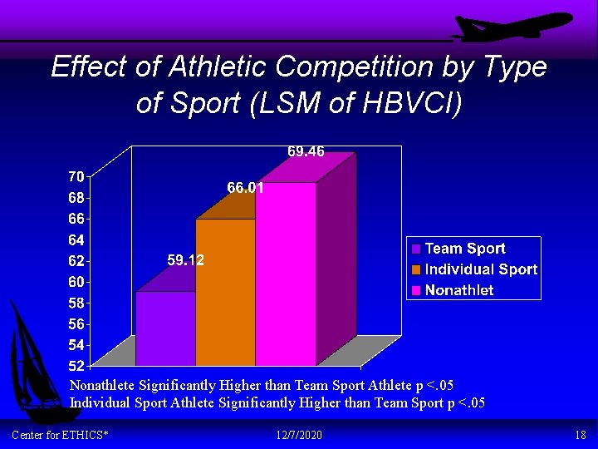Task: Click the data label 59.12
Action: tap(185, 260)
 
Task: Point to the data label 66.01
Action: tap(245, 188)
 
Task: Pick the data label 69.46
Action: tap(306, 151)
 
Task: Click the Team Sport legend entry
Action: tap(464, 249)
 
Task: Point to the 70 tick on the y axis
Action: tap(76, 176)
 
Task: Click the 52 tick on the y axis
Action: tap(76, 366)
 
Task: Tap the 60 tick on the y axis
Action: tap(76, 282)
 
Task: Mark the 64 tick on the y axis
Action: tap(76, 239)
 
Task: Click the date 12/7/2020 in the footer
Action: tap(298, 436)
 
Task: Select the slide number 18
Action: tap(580, 436)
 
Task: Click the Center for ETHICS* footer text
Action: tap(60, 436)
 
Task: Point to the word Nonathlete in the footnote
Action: tap(102, 385)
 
